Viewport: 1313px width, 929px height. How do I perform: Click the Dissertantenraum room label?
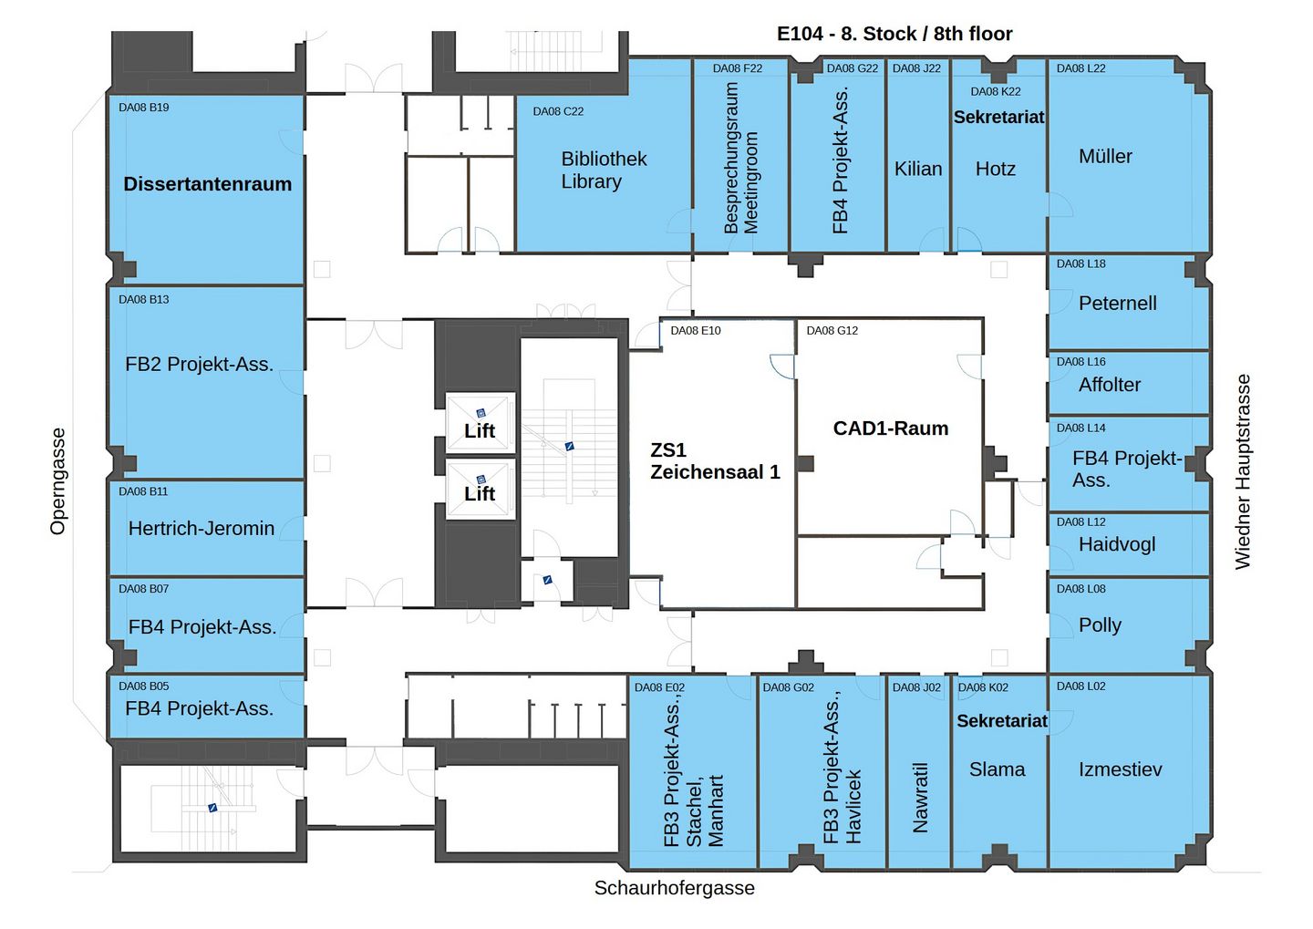click(x=207, y=184)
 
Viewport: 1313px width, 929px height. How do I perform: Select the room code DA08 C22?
click(x=558, y=111)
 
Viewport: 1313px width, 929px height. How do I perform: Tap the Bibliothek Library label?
click(x=603, y=170)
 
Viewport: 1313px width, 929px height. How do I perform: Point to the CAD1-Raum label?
click(x=890, y=428)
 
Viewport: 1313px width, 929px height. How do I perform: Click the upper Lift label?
click(x=480, y=431)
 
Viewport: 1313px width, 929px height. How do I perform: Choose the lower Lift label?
click(x=480, y=494)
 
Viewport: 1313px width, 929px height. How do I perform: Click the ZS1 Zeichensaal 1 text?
click(x=714, y=461)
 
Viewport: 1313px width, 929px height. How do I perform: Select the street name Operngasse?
click(x=58, y=481)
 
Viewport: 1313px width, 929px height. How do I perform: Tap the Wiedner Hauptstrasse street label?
click(x=1243, y=472)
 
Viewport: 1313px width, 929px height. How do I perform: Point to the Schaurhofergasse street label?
click(x=674, y=888)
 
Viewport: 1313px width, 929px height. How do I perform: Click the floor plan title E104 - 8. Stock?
click(x=894, y=34)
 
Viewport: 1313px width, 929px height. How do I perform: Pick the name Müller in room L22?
click(x=1105, y=157)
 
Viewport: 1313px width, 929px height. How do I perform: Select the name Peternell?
click(x=1117, y=304)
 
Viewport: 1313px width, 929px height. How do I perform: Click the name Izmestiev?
click(x=1120, y=769)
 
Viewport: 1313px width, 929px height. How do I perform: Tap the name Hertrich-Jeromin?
click(x=201, y=529)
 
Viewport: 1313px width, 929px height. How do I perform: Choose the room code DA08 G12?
click(x=832, y=331)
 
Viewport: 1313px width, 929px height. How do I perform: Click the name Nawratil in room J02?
click(x=920, y=798)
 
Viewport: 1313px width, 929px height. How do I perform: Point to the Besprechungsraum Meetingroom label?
click(x=740, y=159)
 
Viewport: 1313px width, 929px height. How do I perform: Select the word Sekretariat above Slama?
click(x=1001, y=721)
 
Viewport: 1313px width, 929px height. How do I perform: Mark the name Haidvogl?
click(x=1116, y=545)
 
